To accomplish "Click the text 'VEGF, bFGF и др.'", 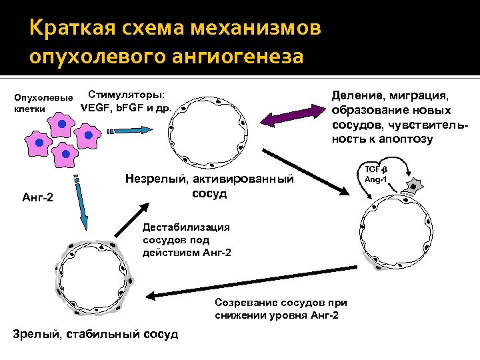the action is [126, 107].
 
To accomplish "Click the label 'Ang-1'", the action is [378, 179].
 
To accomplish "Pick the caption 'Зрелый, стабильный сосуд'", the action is [96, 333].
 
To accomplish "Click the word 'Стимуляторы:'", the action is [127, 95].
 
